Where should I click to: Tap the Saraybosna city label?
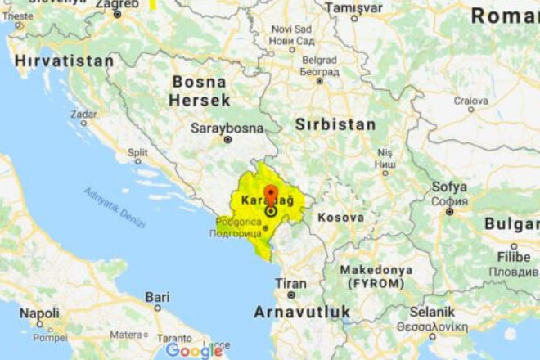pyautogui.click(x=227, y=128)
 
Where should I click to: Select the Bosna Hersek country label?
pyautogui.click(x=200, y=91)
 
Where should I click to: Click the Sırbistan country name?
pyautogui.click(x=336, y=125)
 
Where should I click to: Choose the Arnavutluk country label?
pyautogui.click(x=302, y=312)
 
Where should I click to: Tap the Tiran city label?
pyautogui.click(x=290, y=283)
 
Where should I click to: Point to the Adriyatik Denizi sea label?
pyautogui.click(x=114, y=208)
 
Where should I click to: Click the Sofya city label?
pyautogui.click(x=449, y=187)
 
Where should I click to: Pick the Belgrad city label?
pyautogui.click(x=318, y=61)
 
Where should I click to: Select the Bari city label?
pyautogui.click(x=157, y=296)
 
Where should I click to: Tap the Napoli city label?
pyautogui.click(x=39, y=313)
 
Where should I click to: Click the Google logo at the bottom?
pyautogui.click(x=194, y=350)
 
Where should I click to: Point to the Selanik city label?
pyautogui.click(x=432, y=312)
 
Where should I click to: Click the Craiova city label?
pyautogui.click(x=471, y=100)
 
